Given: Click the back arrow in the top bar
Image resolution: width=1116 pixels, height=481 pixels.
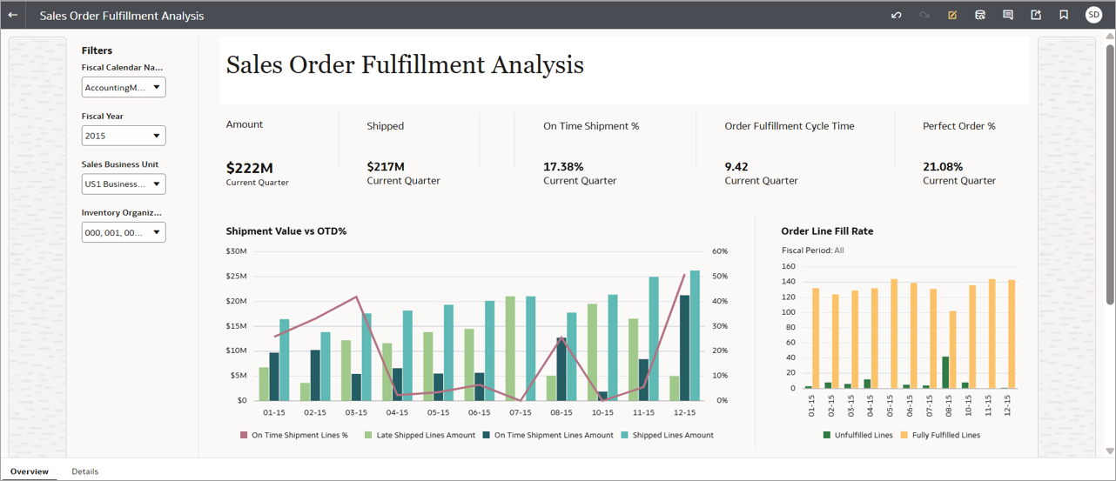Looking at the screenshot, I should click(13, 15).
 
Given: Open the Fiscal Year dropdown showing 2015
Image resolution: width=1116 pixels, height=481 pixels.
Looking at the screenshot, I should click(124, 136).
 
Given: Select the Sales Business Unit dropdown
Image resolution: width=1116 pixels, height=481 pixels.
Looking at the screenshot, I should click(124, 184).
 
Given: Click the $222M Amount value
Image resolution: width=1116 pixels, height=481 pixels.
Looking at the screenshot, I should click(250, 168).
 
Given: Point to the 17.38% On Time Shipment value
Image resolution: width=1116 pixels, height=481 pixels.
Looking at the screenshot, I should click(563, 167).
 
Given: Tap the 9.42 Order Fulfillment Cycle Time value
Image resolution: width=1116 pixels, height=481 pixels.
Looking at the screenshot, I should click(736, 167).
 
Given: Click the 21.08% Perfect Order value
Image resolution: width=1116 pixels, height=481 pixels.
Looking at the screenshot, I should click(943, 167).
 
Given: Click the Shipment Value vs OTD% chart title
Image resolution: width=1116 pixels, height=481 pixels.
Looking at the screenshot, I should click(286, 231).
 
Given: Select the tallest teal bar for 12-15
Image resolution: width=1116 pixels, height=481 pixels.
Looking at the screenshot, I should click(695, 335).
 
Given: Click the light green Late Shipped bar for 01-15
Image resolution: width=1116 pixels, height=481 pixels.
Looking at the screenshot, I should click(265, 384).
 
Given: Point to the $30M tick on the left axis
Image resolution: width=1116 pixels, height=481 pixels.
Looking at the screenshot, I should click(236, 251).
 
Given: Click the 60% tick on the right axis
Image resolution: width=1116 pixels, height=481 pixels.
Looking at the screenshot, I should click(720, 251).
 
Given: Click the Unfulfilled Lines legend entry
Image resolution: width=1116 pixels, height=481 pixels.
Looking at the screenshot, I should click(863, 435).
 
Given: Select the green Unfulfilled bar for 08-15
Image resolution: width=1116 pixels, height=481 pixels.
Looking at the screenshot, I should click(945, 372).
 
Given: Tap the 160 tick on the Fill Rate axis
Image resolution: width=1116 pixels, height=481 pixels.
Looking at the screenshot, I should click(789, 267).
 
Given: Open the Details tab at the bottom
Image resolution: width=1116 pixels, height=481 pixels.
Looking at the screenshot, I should click(84, 471).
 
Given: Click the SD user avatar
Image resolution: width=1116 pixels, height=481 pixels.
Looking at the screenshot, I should click(1093, 15).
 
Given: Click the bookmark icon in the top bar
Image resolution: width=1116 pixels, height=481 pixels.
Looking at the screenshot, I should click(1064, 15).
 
